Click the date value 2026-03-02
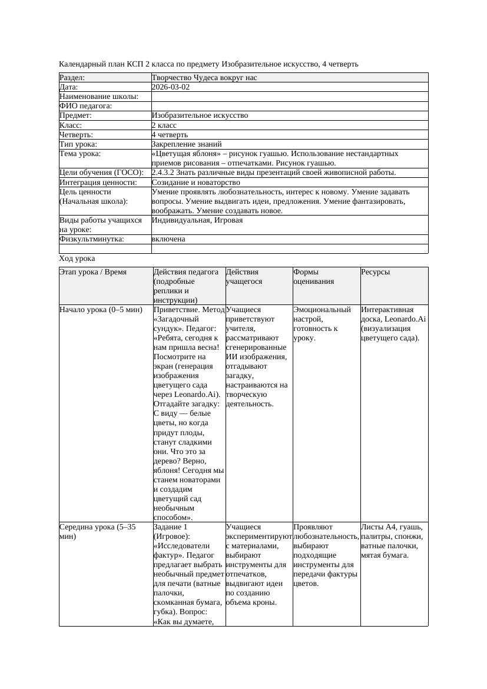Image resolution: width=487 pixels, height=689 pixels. click(171, 87)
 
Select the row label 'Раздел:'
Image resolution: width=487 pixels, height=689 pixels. click(72, 78)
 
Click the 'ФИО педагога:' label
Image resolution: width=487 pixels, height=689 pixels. click(86, 106)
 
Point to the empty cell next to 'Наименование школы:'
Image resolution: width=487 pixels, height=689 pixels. click(289, 97)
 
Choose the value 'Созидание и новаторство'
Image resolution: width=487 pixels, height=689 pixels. click(196, 183)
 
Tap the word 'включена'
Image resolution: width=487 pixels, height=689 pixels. click(168, 239)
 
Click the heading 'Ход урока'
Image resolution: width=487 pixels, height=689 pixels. click(77, 259)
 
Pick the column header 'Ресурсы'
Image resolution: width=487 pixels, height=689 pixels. click(375, 272)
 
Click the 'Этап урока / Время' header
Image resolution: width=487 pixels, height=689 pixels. click(93, 272)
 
